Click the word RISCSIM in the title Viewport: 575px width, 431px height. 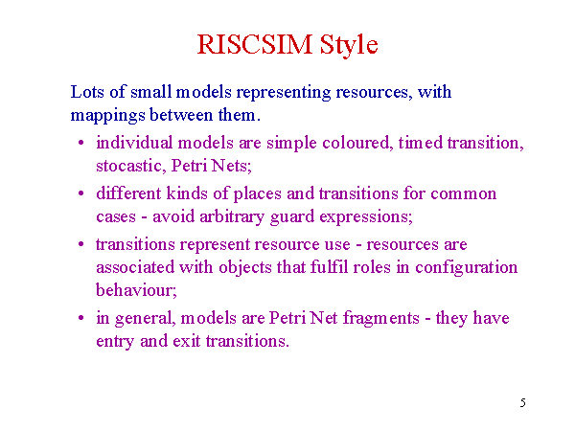tap(255, 45)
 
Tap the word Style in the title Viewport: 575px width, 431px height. tap(349, 45)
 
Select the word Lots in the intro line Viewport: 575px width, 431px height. tap(87, 92)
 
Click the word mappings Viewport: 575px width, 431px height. tap(107, 116)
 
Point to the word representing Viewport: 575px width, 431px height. tap(284, 93)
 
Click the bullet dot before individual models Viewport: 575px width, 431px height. tap(81, 142)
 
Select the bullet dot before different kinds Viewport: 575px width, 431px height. tap(81, 193)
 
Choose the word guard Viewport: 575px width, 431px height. tap(292, 217)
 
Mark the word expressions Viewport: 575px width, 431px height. tap(366, 217)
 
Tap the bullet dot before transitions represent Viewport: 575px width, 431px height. tap(81, 244)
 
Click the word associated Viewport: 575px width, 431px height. tap(135, 267)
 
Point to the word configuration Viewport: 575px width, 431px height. tap(466, 268)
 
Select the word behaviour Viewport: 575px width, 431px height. tap(136, 290)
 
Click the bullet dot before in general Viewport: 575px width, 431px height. tap(81, 317)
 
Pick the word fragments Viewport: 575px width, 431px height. tap(381, 319)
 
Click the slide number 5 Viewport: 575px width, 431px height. tap(523, 403)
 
